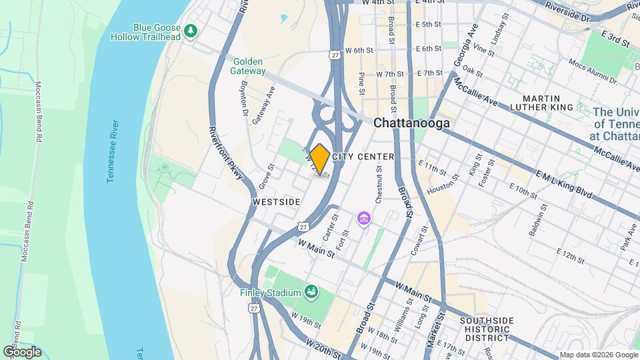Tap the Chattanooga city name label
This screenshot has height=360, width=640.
(x=411, y=123)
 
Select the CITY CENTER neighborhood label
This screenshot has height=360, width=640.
(x=363, y=157)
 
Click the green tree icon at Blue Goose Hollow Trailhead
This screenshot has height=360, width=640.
(x=191, y=31)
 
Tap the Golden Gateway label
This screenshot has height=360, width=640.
(x=249, y=66)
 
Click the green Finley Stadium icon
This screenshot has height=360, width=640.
(x=310, y=291)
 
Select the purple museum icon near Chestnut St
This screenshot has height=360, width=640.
(x=364, y=218)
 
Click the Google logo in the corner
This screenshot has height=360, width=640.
(x=22, y=352)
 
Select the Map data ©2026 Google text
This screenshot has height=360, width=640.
(x=598, y=355)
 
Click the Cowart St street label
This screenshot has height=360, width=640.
(x=421, y=241)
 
